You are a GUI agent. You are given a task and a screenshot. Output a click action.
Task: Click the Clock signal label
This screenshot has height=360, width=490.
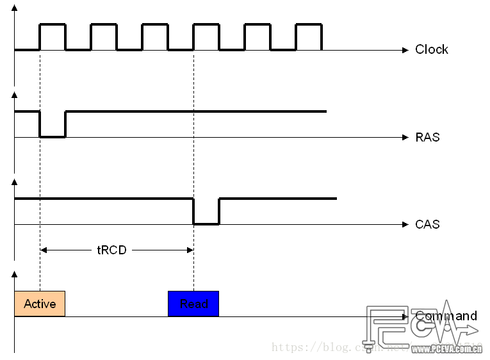[431, 49]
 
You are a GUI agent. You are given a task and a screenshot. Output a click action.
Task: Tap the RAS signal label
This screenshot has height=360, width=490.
[427, 137]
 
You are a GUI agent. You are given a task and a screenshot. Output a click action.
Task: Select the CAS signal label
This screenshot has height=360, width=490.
[427, 224]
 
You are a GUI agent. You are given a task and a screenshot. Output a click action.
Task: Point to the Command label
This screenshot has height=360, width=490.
[446, 316]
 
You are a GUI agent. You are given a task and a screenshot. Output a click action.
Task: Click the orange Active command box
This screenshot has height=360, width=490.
[40, 304]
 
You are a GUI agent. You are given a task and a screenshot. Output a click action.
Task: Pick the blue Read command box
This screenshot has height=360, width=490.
[193, 304]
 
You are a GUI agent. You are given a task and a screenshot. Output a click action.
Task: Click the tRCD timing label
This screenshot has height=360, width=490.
[111, 250]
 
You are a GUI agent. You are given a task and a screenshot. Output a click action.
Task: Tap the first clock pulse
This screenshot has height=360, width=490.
[53, 37]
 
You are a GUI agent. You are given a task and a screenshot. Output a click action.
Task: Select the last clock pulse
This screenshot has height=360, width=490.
[309, 37]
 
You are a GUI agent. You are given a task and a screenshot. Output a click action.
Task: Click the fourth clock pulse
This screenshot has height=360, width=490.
[206, 37]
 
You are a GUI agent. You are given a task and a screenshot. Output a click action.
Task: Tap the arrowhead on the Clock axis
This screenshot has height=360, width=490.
[405, 49]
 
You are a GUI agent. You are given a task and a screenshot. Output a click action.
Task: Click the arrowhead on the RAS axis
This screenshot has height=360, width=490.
[405, 137]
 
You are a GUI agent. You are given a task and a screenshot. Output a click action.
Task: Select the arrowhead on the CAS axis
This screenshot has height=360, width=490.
[405, 224]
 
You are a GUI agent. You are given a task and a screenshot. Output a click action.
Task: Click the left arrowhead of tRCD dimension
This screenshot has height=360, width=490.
[44, 250]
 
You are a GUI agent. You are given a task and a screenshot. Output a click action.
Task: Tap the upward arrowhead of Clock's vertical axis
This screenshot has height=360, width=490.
[14, 9]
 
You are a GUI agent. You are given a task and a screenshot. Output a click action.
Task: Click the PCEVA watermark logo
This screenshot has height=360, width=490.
[423, 330]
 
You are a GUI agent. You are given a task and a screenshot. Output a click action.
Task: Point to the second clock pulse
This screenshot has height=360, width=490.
[104, 37]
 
